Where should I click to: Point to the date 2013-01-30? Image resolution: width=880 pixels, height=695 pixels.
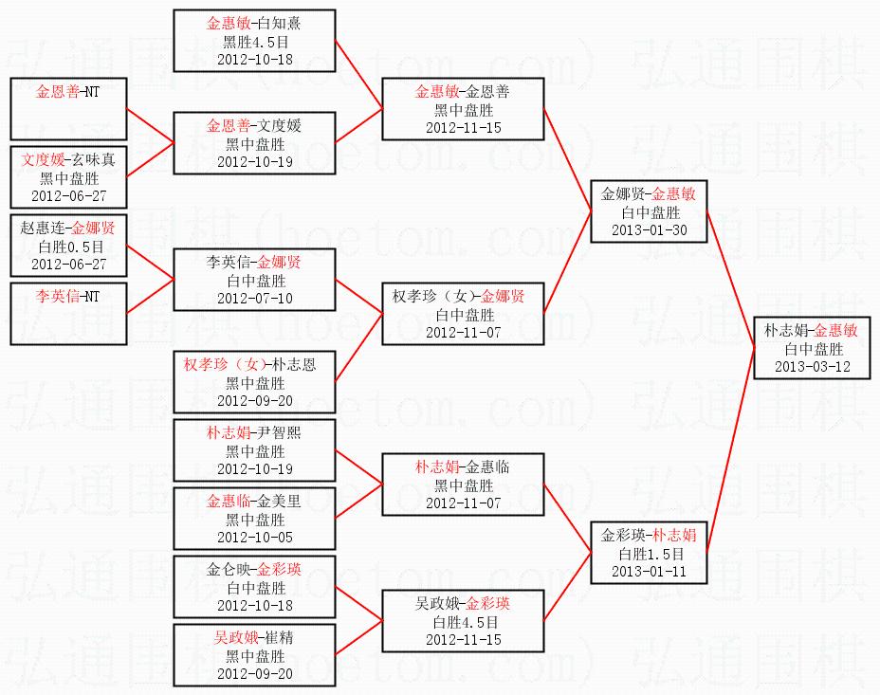[649, 229]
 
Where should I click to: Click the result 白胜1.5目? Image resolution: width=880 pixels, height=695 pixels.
[649, 554]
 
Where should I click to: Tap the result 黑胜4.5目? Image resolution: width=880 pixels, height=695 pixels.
[254, 42]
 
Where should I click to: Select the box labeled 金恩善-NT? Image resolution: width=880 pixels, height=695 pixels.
[68, 109]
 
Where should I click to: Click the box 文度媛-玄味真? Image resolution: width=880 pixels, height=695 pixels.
[68, 177]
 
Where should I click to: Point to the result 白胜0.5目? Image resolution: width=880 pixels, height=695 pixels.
[68, 246]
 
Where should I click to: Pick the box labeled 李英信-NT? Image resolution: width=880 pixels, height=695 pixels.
[68, 314]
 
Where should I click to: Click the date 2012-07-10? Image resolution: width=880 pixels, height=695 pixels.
[254, 298]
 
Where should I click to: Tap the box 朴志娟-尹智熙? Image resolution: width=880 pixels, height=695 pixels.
[254, 450]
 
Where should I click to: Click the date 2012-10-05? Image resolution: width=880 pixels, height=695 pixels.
[254, 537]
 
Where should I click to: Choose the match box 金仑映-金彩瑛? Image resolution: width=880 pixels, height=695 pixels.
[254, 587]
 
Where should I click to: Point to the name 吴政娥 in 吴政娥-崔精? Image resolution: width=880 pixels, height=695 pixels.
[232, 638]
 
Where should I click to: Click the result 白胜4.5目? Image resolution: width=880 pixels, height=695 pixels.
[463, 622]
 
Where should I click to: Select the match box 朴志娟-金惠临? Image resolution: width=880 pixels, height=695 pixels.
[463, 485]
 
